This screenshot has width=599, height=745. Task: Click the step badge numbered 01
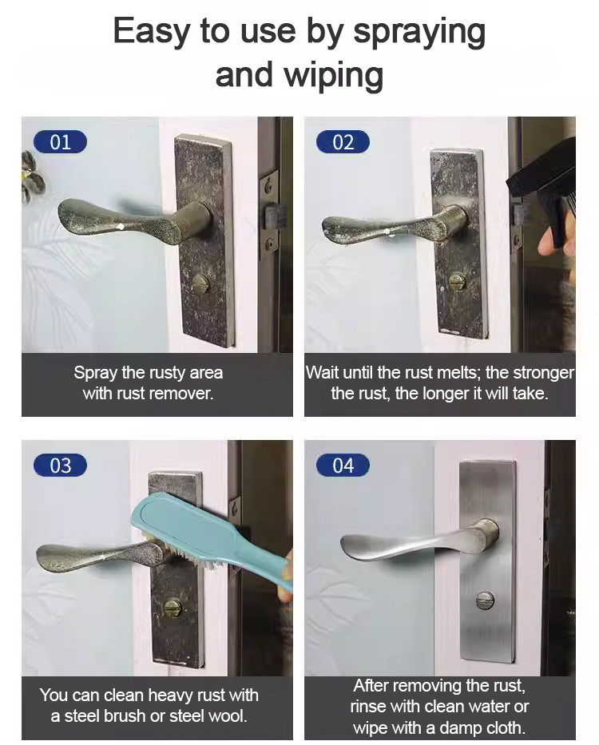tap(60, 142)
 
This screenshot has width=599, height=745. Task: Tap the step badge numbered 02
tap(343, 142)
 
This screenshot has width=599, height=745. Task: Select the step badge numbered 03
tap(60, 466)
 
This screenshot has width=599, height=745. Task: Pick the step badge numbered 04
tap(343, 466)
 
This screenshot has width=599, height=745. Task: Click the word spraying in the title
tap(419, 32)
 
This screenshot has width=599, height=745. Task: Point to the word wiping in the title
tap(333, 76)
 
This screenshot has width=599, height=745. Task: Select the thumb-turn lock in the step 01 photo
tap(201, 286)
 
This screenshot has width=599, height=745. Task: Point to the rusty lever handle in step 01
tap(133, 220)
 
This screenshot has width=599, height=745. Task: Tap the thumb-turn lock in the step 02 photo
tap(458, 281)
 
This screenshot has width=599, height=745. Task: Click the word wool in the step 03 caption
tap(229, 715)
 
